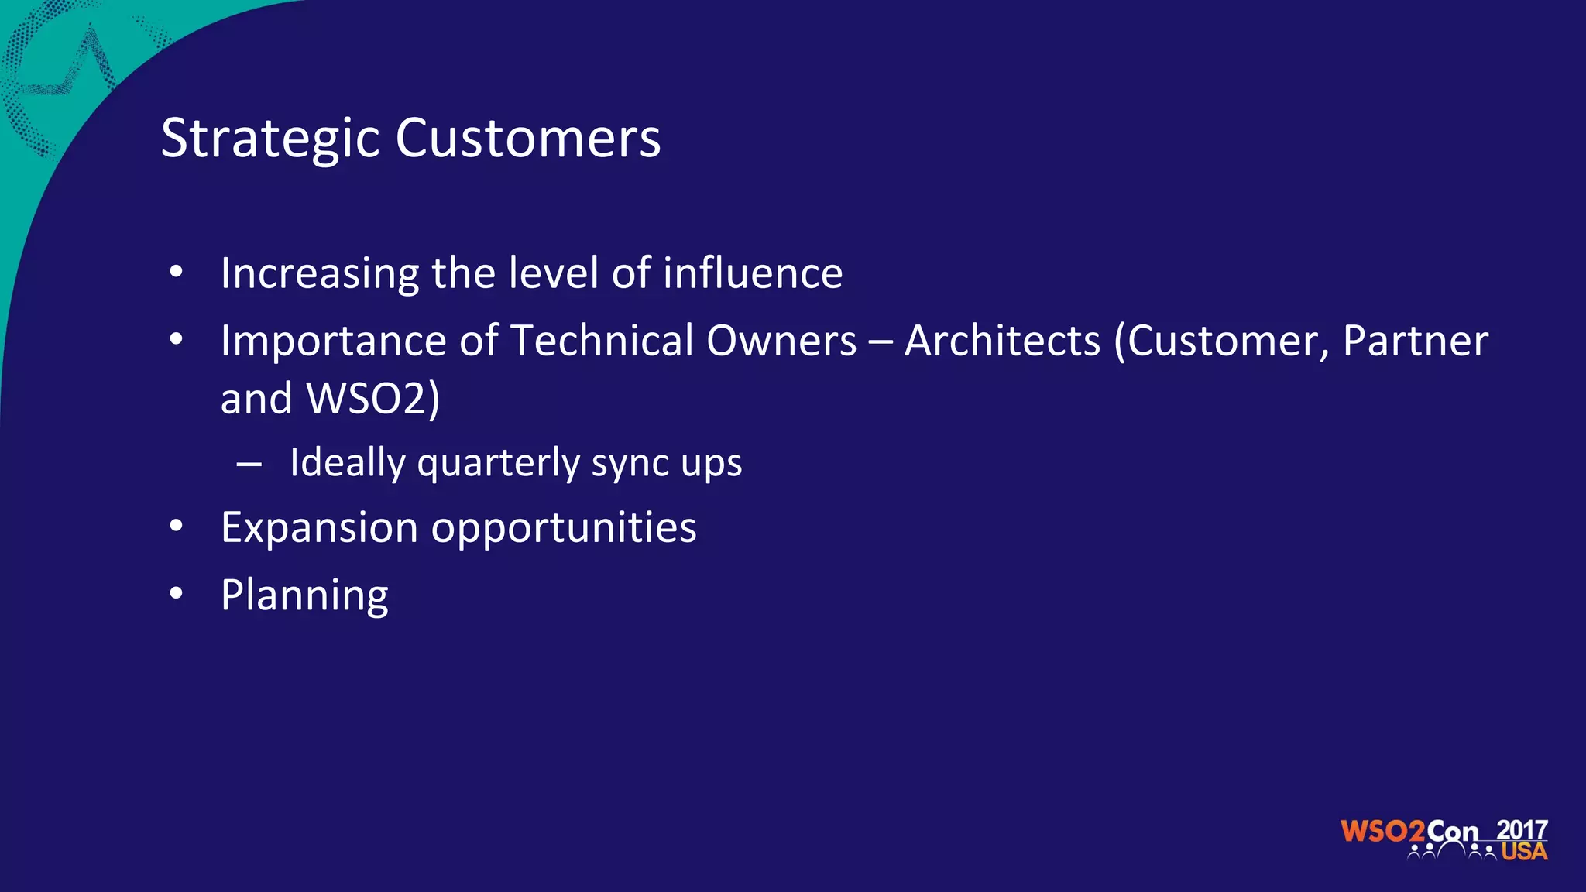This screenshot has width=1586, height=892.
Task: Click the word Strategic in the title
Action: click(270, 139)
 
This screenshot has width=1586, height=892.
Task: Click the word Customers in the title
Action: click(528, 139)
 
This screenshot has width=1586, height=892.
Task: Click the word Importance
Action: click(333, 341)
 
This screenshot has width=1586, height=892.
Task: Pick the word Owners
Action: click(781, 341)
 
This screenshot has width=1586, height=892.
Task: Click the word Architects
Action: click(1002, 341)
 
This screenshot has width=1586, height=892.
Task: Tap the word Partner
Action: click(1415, 341)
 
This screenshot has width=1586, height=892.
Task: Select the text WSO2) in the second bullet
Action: click(373, 399)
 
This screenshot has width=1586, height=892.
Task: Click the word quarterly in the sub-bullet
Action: click(498, 463)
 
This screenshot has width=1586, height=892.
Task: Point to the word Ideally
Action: click(347, 463)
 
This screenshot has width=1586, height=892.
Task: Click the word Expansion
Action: click(319, 528)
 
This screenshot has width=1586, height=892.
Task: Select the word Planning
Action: click(304, 596)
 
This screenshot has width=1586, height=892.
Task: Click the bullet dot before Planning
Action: click(177, 594)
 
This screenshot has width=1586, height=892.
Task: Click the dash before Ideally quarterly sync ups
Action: click(249, 465)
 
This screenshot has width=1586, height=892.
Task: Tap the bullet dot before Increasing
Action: click(177, 272)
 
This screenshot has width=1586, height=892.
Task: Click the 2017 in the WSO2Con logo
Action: click(1522, 830)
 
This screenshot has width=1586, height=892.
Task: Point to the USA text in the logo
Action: click(1524, 852)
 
